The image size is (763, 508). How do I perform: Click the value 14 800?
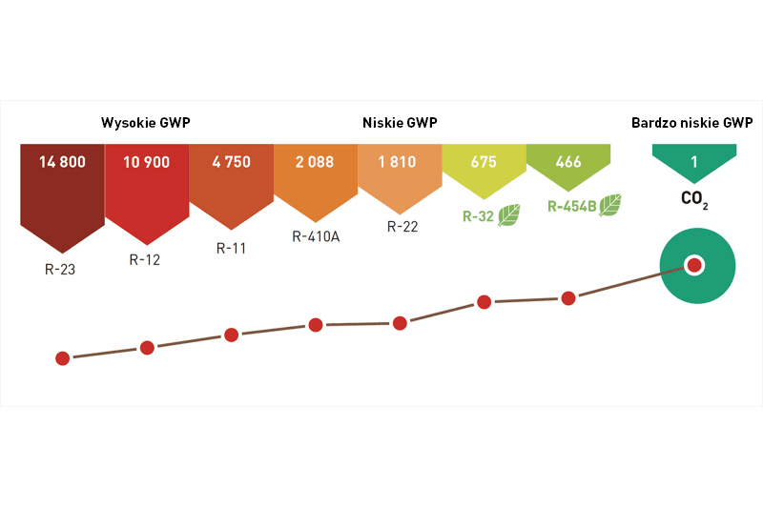62,162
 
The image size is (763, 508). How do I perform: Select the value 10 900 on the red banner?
146,162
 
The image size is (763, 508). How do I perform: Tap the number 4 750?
231,162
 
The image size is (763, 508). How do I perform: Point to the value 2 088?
315,162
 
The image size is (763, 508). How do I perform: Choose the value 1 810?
400,162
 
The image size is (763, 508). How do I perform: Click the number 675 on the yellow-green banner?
484,162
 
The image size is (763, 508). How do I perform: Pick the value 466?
568,162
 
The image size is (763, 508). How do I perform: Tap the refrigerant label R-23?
59,270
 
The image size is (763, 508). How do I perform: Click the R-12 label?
144,258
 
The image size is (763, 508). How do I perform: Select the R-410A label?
315,237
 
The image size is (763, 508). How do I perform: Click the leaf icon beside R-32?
509,215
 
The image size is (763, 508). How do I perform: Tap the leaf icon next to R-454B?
609,205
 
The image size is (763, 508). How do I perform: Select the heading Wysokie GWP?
153,123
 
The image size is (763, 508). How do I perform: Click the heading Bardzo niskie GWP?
691,123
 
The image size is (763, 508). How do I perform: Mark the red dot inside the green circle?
694,265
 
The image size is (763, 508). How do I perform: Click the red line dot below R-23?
63,358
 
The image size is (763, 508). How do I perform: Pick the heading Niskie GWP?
400,123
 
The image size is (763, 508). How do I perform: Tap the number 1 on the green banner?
694,162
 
